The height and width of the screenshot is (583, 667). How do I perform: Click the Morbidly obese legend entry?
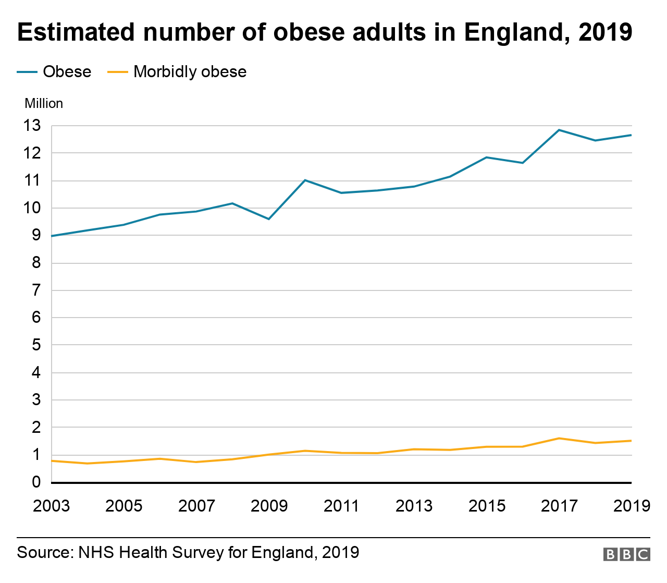point(177,71)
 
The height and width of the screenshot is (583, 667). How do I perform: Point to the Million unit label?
point(44,103)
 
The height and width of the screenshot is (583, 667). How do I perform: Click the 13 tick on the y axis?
point(32,126)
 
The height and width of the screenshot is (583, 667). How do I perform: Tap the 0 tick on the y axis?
point(36,482)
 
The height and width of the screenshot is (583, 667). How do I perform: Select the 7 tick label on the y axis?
point(36,290)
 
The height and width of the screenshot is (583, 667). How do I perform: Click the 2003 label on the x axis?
point(51,506)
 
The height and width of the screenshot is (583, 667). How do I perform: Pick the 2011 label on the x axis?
point(341,506)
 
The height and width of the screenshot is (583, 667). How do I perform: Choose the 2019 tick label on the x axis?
point(632,506)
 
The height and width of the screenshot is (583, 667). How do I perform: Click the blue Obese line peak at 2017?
point(559,130)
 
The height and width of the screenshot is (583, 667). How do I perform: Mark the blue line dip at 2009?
point(269,219)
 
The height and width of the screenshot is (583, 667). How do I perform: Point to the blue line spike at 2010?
point(305,180)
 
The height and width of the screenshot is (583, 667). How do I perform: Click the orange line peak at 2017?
point(559,438)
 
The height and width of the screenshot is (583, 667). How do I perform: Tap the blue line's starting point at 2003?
point(52,236)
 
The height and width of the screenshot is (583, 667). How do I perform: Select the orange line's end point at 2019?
point(631,441)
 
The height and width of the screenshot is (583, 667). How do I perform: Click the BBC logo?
point(626,554)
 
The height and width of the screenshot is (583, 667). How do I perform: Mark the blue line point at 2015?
point(486,157)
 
